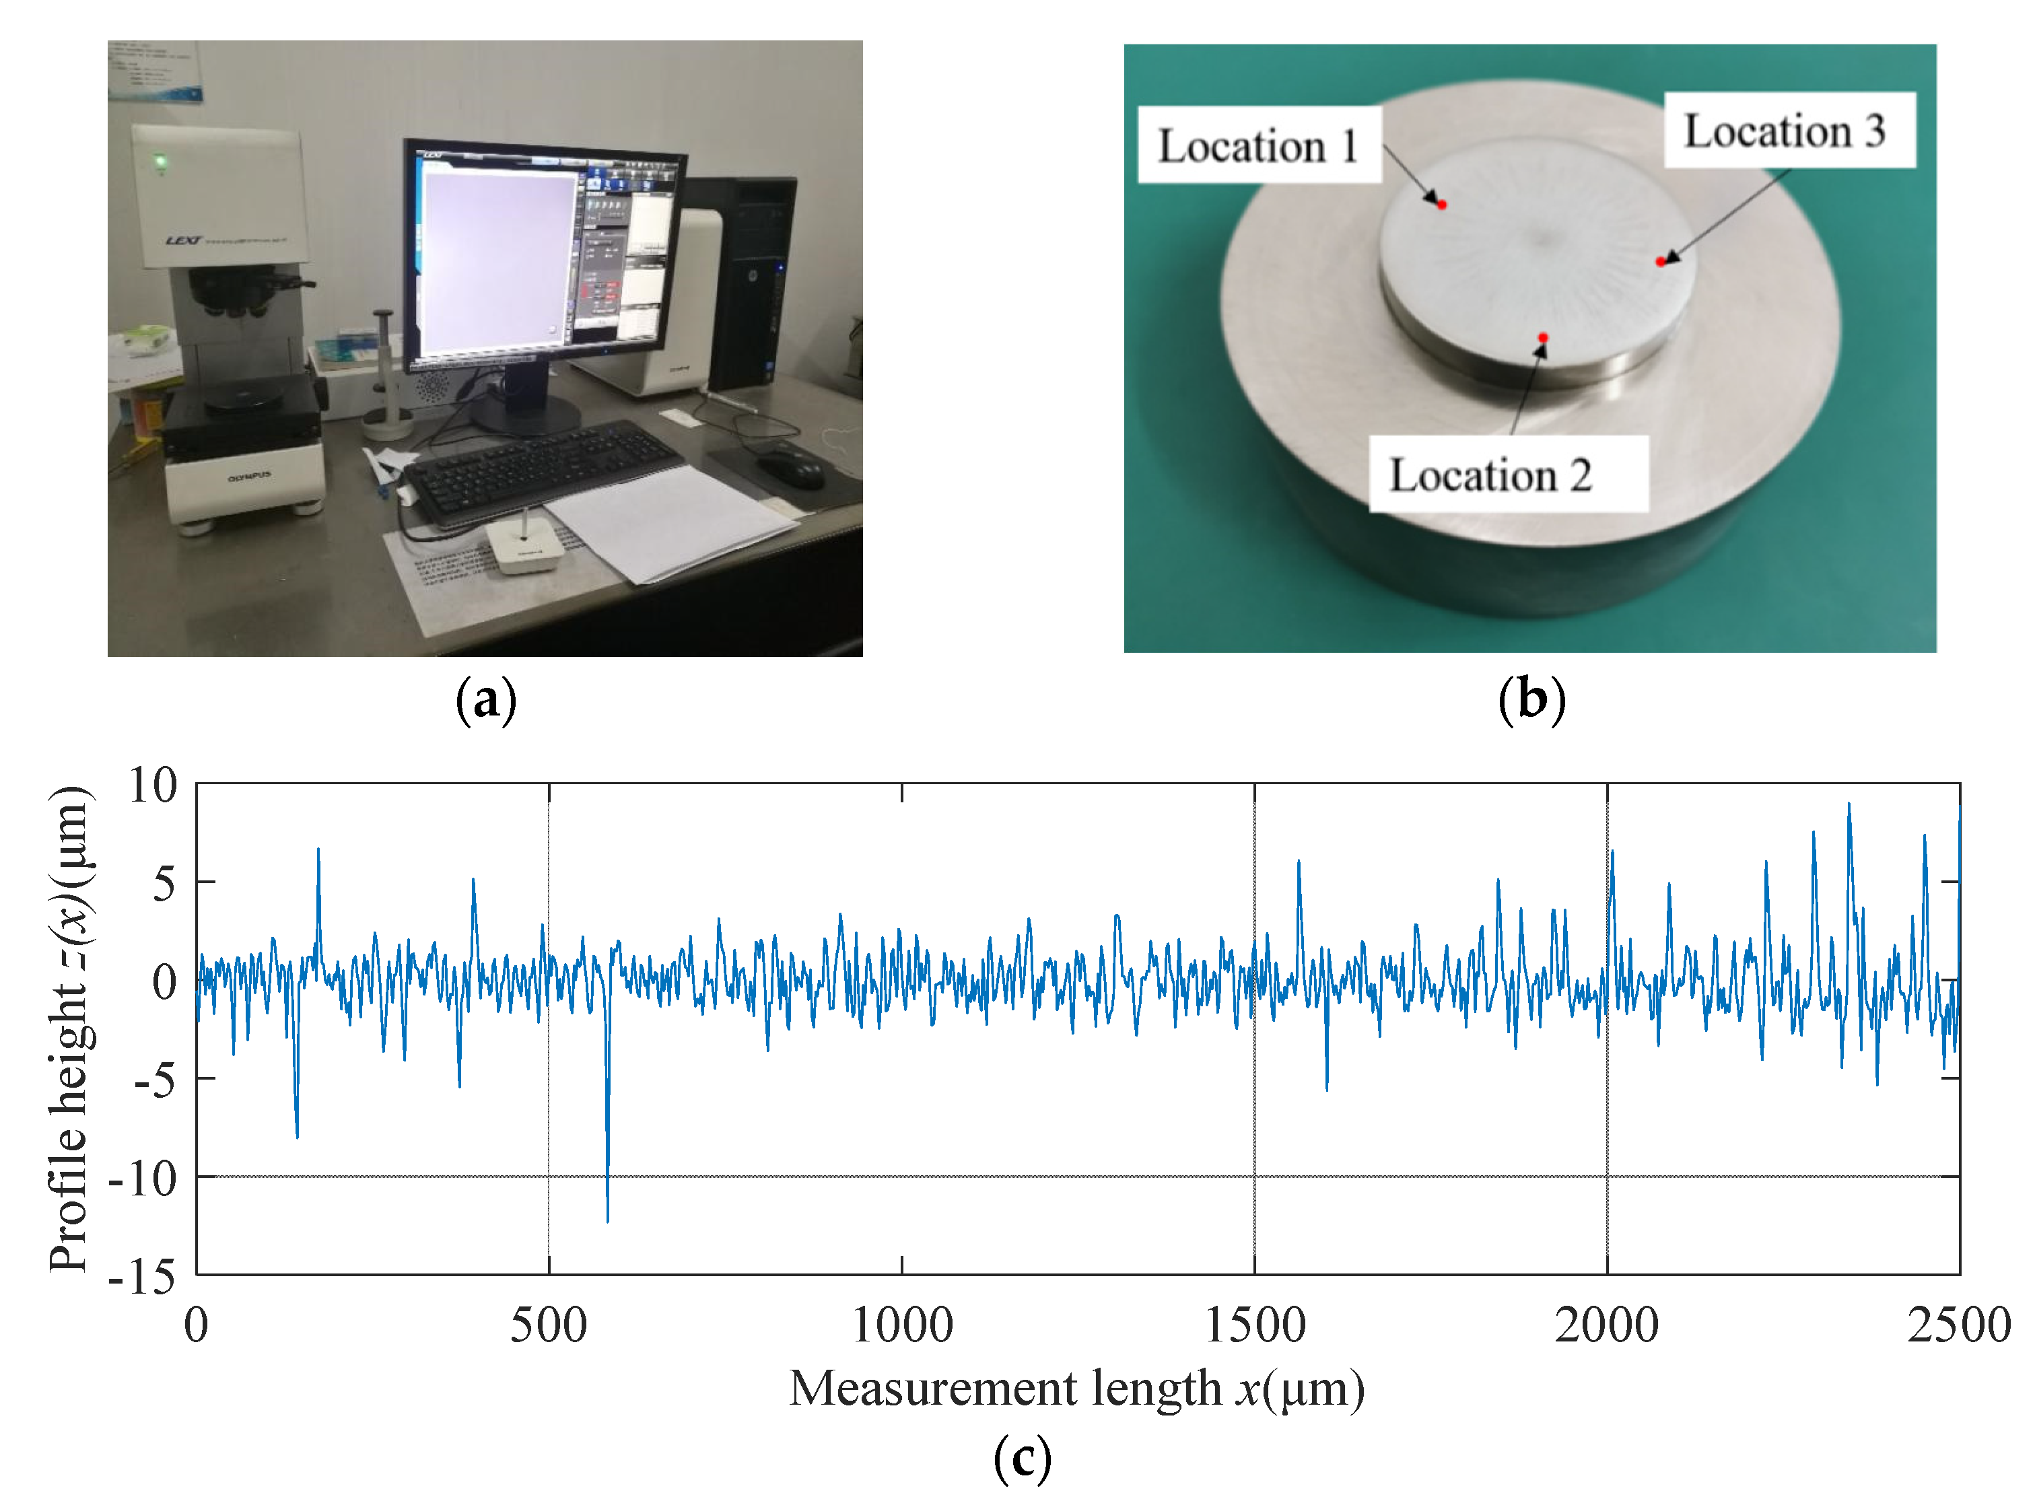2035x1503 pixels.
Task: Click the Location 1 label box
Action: [1259, 145]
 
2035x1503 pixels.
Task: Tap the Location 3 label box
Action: [1789, 130]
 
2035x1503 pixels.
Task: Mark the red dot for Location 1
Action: [1442, 205]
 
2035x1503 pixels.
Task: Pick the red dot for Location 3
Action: [1660, 262]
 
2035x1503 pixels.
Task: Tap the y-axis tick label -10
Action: [143, 1179]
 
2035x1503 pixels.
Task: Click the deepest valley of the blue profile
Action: [608, 1219]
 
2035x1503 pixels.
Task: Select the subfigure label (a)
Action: [486, 699]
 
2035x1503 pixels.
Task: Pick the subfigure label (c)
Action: [1022, 1457]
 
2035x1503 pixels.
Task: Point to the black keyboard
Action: [543, 468]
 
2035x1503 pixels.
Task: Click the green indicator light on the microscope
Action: [161, 163]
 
